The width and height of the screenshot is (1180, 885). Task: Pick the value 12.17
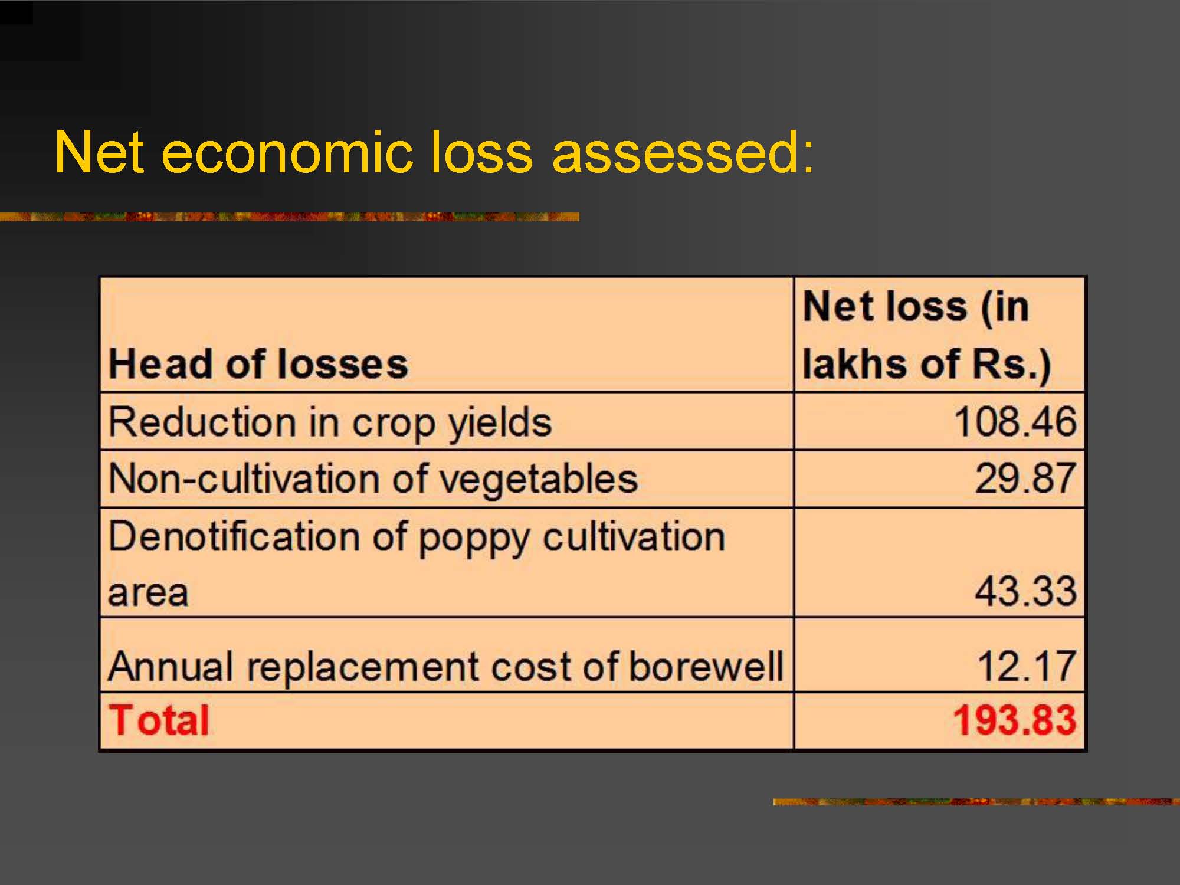coord(1027,666)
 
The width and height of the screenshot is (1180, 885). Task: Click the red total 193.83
coord(1015,720)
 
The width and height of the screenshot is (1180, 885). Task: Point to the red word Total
coord(159,720)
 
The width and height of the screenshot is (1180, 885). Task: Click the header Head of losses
coord(258,363)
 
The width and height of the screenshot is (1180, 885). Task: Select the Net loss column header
coord(927,335)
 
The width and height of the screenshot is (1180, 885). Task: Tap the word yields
coord(500,424)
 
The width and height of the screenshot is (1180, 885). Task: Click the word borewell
coord(706,666)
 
